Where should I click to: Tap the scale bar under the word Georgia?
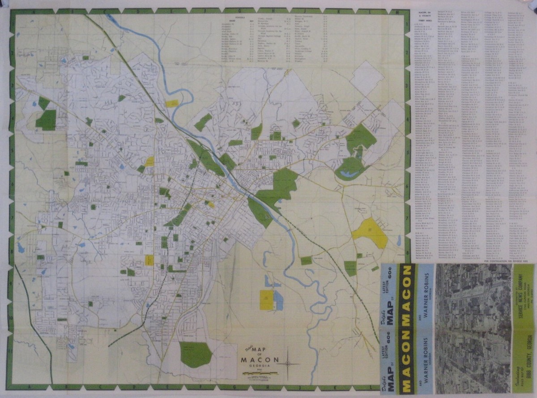pos(260,373)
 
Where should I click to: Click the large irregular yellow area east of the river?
pos(371,232)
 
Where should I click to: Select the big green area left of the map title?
pos(196,354)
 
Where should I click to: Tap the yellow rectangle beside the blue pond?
pos(267,300)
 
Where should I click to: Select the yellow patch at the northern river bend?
pos(172,103)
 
